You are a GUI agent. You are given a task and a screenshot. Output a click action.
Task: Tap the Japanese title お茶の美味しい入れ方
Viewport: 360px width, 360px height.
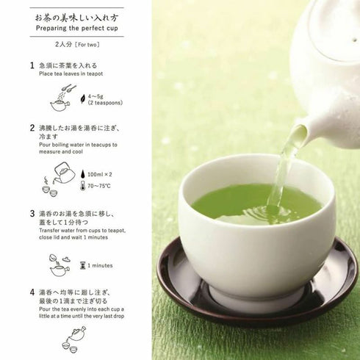click(76, 15)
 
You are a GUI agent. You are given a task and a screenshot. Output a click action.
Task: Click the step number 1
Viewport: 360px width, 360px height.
click(32, 65)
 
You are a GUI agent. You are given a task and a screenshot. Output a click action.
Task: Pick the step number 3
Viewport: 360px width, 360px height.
click(32, 213)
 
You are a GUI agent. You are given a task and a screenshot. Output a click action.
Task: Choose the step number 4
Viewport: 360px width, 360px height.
click(32, 292)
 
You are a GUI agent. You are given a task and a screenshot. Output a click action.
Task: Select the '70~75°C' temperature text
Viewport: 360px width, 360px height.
click(102, 187)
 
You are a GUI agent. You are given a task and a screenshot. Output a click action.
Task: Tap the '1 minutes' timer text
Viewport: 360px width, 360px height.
click(100, 264)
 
